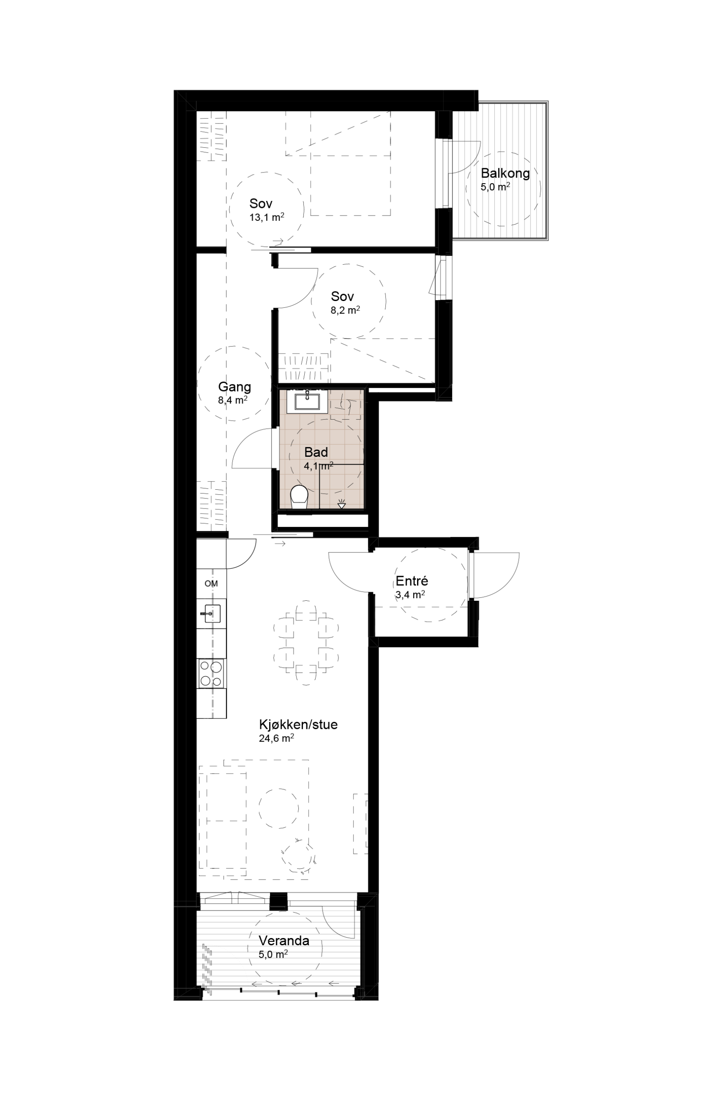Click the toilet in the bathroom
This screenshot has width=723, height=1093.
pos(299,497)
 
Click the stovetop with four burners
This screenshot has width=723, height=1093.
pos(211,673)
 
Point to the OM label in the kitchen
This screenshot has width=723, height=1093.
pos(211,584)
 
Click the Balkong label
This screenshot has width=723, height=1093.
pos(506,174)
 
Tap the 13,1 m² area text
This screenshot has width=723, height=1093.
pos(267,217)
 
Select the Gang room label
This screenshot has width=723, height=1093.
pos(234,387)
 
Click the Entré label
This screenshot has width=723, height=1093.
pos(412,581)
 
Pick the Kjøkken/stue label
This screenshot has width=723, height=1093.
pos(298,725)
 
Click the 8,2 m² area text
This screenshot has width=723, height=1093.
pos(345,310)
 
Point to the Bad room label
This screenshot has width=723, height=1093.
pos(316,452)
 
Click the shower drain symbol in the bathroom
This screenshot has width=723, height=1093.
pos(341,504)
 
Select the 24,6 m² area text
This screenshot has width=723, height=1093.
pos(276,739)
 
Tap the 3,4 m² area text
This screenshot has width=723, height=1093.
pos(410,595)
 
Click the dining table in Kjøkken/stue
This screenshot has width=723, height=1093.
pos(306,643)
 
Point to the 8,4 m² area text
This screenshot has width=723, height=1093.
pos(232,400)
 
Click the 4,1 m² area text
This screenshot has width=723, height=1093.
pos(319,466)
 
